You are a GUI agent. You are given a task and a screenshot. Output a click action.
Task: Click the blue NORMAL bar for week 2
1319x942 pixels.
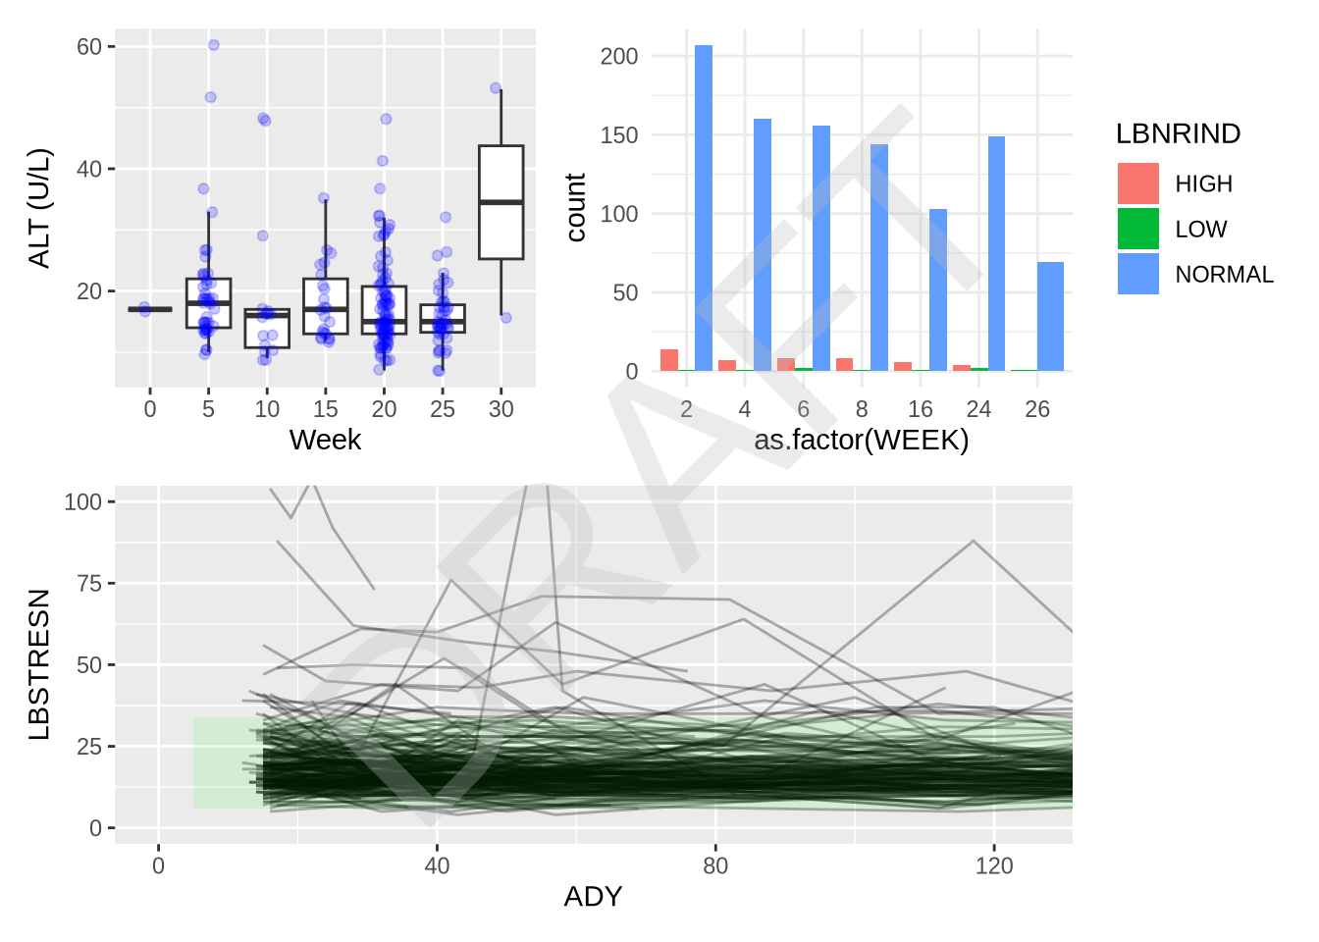coord(704,208)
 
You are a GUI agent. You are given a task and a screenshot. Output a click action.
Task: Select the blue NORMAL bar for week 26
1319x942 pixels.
coord(1050,316)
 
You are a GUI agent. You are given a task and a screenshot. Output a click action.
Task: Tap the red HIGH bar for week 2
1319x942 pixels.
coord(669,360)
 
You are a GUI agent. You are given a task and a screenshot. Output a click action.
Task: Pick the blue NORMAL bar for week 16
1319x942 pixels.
coord(938,289)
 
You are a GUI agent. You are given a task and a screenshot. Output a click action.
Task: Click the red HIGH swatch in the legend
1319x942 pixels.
coord(1138,183)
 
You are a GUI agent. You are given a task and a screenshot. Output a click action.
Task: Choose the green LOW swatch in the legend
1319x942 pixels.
coord(1138,229)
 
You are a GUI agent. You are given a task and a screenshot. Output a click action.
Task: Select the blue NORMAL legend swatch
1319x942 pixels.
coord(1138,274)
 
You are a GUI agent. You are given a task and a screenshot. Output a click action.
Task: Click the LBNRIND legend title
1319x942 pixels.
coord(1178,133)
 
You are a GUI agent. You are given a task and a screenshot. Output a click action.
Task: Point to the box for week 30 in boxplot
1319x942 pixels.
coord(501,202)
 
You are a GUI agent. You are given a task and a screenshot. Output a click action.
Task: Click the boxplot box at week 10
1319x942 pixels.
coord(267,329)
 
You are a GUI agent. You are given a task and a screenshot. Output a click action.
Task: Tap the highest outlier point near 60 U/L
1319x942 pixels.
coord(213,45)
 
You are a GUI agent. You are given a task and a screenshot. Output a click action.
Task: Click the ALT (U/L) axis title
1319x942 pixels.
coord(39,208)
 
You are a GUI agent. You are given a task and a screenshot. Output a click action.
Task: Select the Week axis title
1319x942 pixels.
coord(325,440)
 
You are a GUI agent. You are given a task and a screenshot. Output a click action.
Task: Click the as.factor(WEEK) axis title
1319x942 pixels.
coord(861,440)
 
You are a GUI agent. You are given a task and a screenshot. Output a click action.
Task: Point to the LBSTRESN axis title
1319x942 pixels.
coord(39,664)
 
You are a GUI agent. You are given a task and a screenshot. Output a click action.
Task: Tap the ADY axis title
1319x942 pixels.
coord(593,897)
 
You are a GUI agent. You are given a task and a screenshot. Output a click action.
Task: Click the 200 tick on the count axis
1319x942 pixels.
coord(619,56)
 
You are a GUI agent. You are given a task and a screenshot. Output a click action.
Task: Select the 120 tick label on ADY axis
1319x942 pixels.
coord(994,865)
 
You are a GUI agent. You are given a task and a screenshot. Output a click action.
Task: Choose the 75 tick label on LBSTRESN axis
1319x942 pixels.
coord(89,584)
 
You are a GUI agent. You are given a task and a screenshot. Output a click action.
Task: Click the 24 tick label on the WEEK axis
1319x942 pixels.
coord(978,409)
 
